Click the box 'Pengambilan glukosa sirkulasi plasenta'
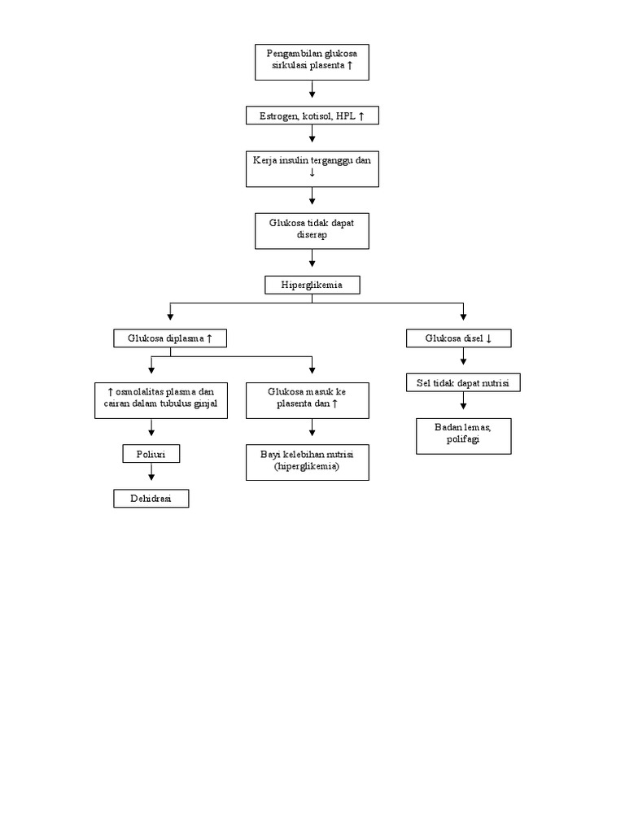312,63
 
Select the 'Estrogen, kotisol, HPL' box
312,116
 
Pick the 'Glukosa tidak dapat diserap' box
312,230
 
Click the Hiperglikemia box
312,285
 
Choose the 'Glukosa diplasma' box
169,338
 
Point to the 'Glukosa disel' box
459,338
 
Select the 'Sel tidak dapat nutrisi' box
462,382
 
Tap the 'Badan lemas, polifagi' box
463,436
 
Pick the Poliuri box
151,454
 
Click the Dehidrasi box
151,499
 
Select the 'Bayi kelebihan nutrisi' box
308,462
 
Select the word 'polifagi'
463,440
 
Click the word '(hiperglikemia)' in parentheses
308,468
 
